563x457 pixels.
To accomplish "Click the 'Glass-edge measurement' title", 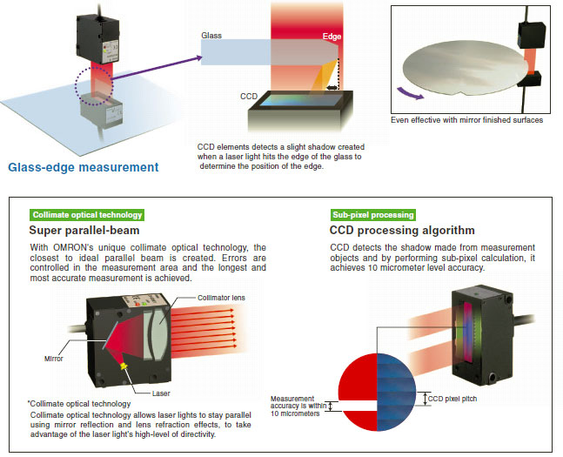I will pos(83,167).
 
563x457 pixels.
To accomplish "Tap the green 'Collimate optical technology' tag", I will pos(86,214).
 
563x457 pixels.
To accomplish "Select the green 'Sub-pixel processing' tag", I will pos(372,214).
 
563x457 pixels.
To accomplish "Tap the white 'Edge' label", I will pos(332,37).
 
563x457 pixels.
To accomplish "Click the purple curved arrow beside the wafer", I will pos(412,91).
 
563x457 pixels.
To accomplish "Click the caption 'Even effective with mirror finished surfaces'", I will pos(467,120).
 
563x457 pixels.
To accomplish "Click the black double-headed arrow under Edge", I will pos(332,87).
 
